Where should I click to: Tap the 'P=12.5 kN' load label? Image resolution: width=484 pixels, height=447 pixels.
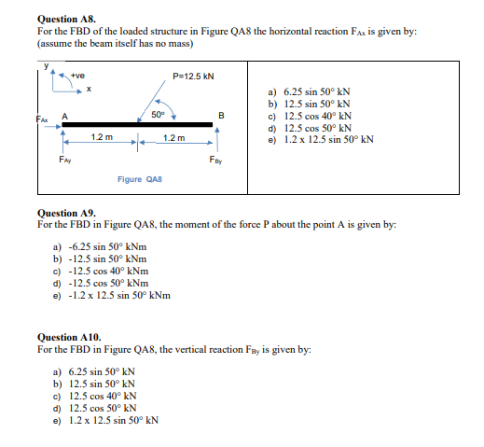click(193, 77)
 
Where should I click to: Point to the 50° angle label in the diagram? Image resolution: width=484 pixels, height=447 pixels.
click(158, 114)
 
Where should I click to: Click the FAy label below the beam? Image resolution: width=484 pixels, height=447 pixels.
click(63, 161)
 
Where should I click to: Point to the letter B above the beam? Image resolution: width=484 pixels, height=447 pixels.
click(220, 115)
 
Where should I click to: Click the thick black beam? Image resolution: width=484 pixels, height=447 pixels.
click(140, 124)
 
